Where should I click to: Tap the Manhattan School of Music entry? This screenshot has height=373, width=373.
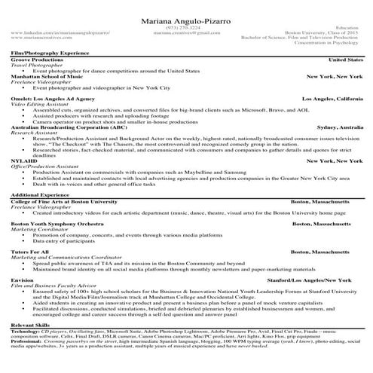pyautogui.click(x=47, y=76)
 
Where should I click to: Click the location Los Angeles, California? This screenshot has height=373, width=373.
pyautogui.click(x=332, y=99)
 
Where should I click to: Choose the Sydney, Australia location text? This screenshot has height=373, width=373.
pyautogui.click(x=340, y=127)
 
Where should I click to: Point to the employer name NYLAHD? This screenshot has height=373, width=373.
pyautogui.click(x=24, y=161)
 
